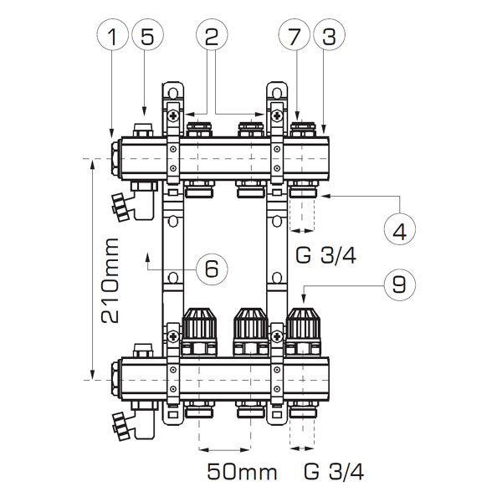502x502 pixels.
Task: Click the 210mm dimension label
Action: tap(110, 280)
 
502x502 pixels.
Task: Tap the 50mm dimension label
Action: tap(242, 472)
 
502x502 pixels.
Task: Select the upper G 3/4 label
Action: tap(325, 255)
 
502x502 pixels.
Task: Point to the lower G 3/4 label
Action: tap(334, 472)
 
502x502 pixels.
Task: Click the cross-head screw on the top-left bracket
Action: tap(173, 115)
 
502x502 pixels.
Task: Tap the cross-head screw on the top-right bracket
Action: tap(277, 115)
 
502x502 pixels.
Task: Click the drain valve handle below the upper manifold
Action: tap(120, 207)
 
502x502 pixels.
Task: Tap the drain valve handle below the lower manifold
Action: tap(120, 427)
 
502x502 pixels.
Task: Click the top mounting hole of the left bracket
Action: tap(173, 93)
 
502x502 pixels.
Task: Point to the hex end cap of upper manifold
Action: tap(116, 159)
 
